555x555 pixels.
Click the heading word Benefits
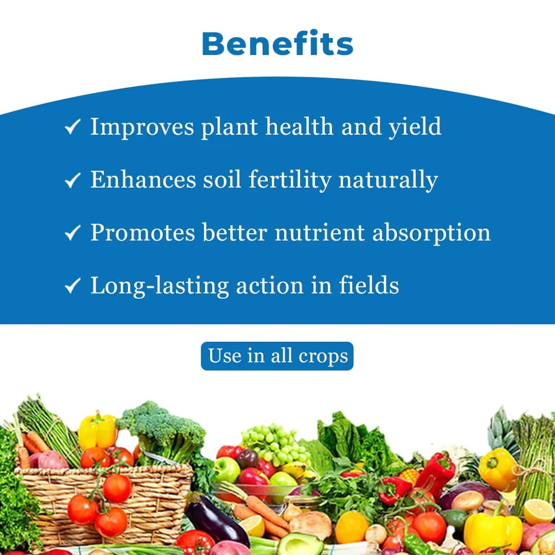[x=277, y=44]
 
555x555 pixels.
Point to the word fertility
[x=290, y=180]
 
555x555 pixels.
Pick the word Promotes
[x=142, y=233]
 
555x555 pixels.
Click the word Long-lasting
[x=159, y=286]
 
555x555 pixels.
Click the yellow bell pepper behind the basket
[x=98, y=431]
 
